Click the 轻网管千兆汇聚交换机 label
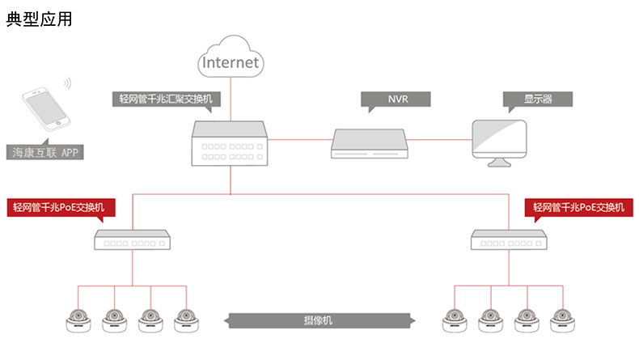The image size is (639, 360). click(x=166, y=100)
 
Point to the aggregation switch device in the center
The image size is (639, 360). click(x=230, y=144)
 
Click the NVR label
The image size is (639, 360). click(x=396, y=100)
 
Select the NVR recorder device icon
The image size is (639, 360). click(x=370, y=142)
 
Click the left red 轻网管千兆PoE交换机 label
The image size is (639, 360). click(x=59, y=207)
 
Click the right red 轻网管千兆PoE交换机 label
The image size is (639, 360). click(x=579, y=207)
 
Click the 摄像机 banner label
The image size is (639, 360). click(x=323, y=320)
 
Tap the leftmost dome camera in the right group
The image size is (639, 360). click(x=455, y=320)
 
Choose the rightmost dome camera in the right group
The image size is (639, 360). click(x=561, y=320)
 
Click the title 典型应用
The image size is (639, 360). click(x=40, y=19)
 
